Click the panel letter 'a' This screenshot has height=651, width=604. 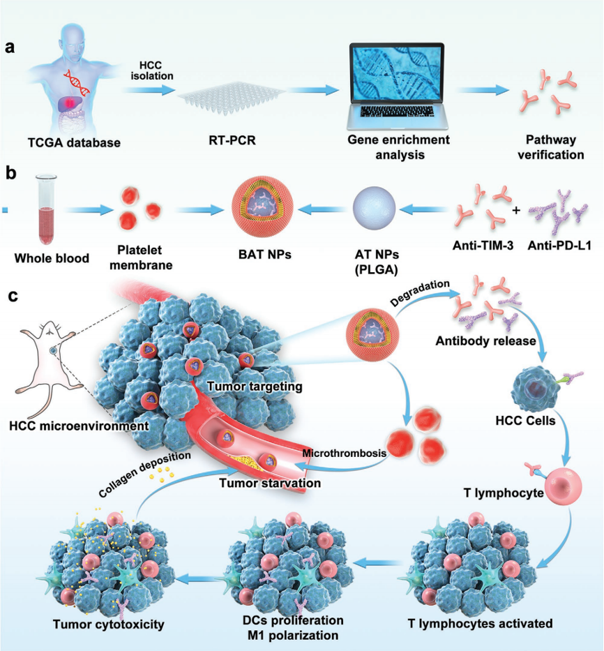[x=10, y=48]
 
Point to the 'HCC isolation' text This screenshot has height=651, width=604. [x=151, y=70]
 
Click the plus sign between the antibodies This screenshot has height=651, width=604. [x=517, y=209]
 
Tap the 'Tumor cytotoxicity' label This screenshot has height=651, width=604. [x=108, y=624]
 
